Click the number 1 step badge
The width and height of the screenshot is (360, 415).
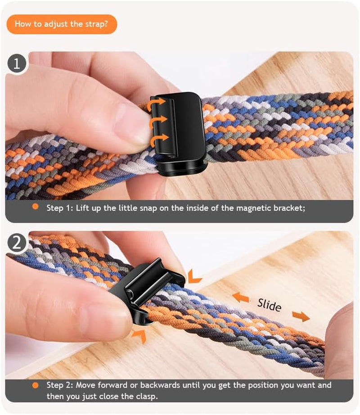[17, 63]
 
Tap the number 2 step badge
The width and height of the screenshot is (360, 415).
[17, 243]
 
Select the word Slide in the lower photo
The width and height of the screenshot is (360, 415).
[269, 305]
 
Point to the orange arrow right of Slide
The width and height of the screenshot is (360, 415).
[301, 316]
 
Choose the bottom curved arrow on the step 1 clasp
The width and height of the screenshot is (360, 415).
[159, 137]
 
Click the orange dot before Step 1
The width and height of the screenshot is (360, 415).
[35, 207]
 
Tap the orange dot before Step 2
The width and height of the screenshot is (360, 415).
[35, 385]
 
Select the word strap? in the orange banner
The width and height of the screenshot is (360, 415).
[95, 24]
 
